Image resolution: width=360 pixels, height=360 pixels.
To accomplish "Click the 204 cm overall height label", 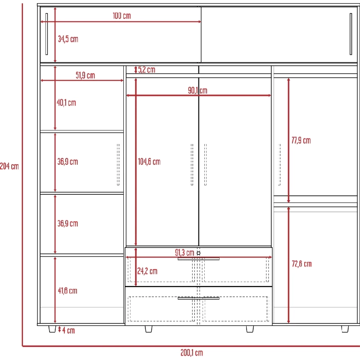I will (x=9, y=166).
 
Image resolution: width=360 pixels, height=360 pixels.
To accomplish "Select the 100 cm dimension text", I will (x=121, y=16).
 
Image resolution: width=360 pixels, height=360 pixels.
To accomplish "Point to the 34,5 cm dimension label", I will (x=68, y=39).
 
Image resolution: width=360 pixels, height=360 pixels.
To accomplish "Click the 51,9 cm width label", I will (x=85, y=75).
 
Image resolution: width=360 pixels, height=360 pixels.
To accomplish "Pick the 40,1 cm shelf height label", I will (x=66, y=103).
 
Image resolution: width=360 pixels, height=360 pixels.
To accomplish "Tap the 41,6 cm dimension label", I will (x=67, y=291).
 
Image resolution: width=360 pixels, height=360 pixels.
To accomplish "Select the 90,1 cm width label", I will (x=198, y=90).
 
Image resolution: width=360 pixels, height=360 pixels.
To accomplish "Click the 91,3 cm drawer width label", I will (x=184, y=253).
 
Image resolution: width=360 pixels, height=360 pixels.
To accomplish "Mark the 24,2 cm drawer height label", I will (x=147, y=271).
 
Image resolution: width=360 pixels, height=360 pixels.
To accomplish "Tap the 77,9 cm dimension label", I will (x=301, y=140).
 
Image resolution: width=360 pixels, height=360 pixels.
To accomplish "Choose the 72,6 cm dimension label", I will (x=301, y=264).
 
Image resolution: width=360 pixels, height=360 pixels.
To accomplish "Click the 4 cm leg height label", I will (x=68, y=331).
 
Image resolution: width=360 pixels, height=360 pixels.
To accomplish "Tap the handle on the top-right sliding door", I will (x=351, y=34).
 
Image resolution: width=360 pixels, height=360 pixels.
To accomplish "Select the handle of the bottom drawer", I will (x=198, y=298).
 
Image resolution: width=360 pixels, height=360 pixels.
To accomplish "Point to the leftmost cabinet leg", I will (x=52, y=329).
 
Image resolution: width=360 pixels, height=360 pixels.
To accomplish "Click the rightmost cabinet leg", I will (x=345, y=329).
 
